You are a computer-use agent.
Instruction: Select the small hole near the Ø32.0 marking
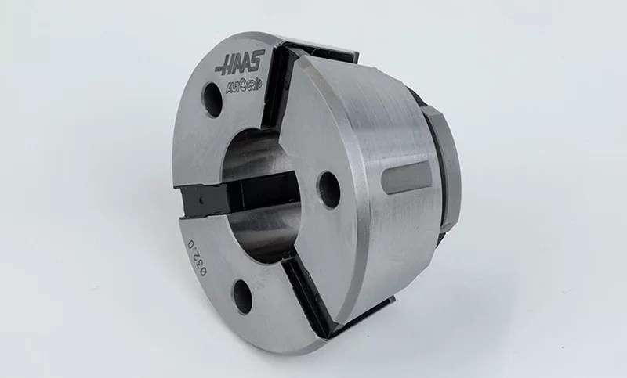(x=243, y=296)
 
